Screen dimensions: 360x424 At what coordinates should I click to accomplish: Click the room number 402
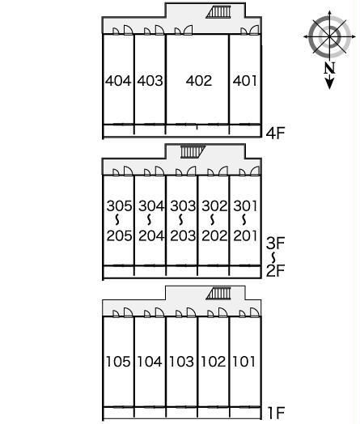(199, 81)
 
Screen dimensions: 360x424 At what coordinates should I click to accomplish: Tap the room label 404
(118, 81)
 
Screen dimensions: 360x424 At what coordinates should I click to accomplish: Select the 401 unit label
(245, 81)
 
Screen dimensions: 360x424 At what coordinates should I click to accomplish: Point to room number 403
(150, 81)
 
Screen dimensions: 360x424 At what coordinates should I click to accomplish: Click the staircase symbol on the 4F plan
(218, 12)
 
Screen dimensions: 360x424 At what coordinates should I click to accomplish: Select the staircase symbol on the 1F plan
(218, 294)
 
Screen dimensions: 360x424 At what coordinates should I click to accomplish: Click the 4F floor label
(275, 133)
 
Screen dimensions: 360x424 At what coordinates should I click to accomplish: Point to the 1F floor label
(276, 413)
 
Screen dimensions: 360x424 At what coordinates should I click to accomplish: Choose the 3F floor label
(275, 243)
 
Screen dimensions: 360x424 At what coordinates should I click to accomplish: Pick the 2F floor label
(275, 271)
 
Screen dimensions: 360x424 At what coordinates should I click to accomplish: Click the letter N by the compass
(329, 68)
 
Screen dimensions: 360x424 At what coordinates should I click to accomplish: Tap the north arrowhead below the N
(329, 83)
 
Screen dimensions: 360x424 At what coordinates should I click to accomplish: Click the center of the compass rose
(330, 36)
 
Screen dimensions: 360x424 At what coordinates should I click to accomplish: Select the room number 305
(119, 206)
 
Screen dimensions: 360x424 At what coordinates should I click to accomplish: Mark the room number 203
(183, 235)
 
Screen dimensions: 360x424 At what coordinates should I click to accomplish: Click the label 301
(245, 206)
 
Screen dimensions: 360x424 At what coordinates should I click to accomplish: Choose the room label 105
(118, 362)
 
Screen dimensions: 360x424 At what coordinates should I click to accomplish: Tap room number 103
(182, 362)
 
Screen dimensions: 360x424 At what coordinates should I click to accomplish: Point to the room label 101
(244, 362)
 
